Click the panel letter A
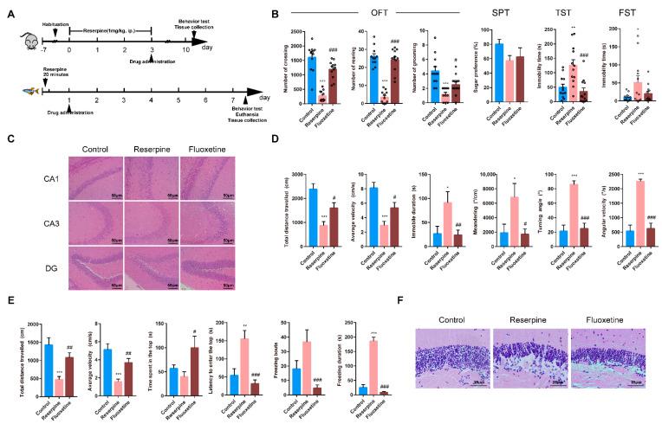[x=8, y=11]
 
